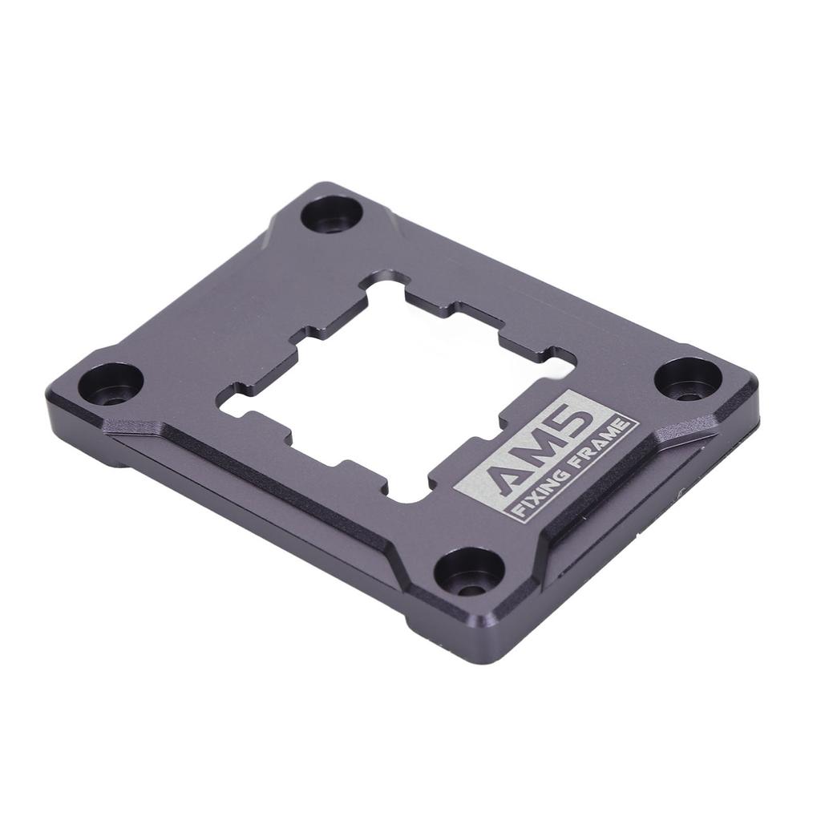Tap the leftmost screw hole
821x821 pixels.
point(111,384)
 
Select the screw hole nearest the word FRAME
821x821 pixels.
point(688,378)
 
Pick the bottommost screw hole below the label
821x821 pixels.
point(469,571)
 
